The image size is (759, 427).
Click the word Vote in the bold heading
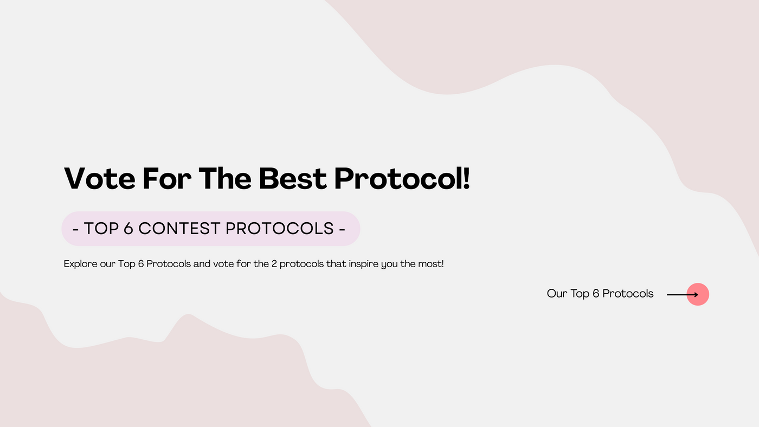pyautogui.click(x=100, y=178)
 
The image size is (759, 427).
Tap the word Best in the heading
pyautogui.click(x=292, y=178)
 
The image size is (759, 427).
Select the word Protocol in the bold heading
pyautogui.click(x=397, y=178)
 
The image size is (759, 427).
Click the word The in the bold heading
pyautogui.click(x=224, y=178)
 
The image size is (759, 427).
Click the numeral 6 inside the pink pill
pyautogui.click(x=128, y=229)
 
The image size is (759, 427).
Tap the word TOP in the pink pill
pyautogui.click(x=101, y=229)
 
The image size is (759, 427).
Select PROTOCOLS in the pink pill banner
pyautogui.click(x=280, y=229)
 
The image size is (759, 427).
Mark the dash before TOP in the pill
pyautogui.click(x=75, y=230)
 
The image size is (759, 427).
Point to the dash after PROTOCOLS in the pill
pyautogui.click(x=342, y=230)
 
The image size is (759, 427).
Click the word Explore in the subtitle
pyautogui.click(x=81, y=264)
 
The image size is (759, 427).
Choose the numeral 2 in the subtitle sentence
pyautogui.click(x=274, y=264)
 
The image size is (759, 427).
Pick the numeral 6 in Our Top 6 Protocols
pyautogui.click(x=596, y=294)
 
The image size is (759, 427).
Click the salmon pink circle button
pyautogui.click(x=698, y=294)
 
